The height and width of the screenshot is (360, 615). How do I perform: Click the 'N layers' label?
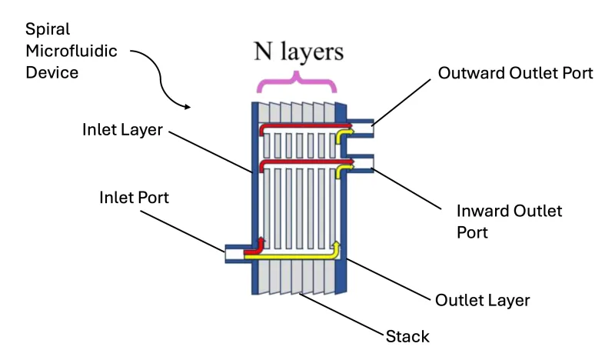point(298,52)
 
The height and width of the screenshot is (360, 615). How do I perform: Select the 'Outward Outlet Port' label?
point(515,73)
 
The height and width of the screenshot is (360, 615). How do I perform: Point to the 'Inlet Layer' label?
point(122,129)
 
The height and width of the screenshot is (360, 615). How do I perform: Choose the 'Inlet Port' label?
point(134,198)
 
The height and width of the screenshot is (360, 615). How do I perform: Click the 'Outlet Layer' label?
point(482,299)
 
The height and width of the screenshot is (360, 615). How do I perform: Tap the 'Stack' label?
point(407,336)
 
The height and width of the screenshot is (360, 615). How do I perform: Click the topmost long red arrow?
point(300,126)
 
